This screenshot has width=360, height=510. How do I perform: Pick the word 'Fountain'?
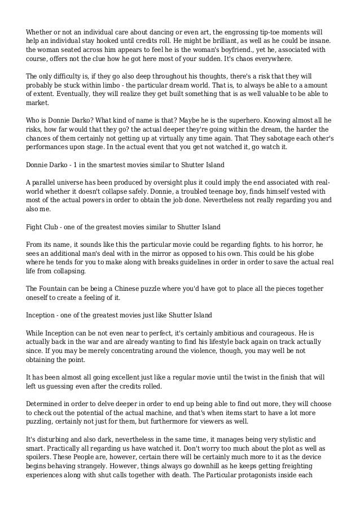54,289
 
